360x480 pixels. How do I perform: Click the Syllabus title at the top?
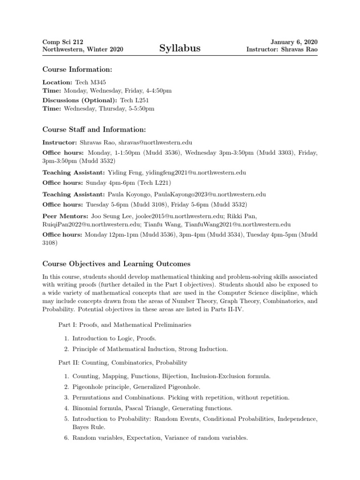pos(180,48)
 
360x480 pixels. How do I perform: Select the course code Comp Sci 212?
pos(63,42)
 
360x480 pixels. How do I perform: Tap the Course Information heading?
pos(77,70)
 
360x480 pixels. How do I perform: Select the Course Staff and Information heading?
pos(94,129)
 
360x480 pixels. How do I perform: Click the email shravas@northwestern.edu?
pos(155,142)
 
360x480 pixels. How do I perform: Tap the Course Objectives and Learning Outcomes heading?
pos(116,264)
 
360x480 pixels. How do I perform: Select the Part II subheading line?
pos(122,362)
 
